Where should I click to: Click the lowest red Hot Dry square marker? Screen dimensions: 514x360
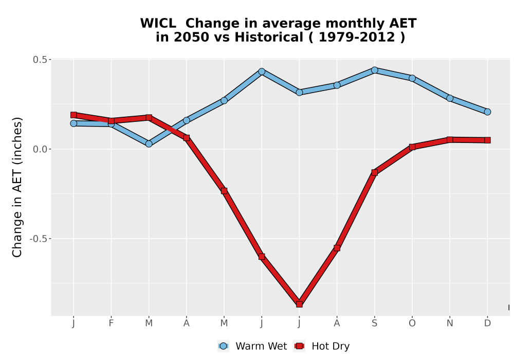point(299,304)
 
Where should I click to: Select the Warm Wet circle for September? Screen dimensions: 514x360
point(375,70)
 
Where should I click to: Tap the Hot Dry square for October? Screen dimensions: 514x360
point(412,147)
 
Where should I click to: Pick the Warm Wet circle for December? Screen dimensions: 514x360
point(487,112)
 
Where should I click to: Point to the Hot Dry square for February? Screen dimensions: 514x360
point(111,121)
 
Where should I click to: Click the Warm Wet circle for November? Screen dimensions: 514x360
point(450,98)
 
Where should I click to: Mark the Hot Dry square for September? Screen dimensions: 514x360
point(375,172)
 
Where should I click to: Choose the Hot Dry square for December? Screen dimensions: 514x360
point(487,140)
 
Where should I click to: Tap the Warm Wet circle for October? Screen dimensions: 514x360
point(412,78)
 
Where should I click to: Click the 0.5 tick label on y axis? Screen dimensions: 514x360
point(40,60)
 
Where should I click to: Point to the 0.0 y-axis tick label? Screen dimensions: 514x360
point(40,149)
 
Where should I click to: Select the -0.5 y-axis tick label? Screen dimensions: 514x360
point(39,239)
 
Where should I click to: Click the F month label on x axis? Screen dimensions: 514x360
point(111,323)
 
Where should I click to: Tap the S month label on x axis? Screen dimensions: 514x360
point(375,323)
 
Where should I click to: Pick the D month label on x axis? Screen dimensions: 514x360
point(487,323)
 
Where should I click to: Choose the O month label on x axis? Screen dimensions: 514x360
point(412,323)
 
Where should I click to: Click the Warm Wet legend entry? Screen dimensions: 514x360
point(252,346)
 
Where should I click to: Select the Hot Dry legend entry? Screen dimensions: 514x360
point(322,346)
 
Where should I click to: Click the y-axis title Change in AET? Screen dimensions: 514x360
point(17,187)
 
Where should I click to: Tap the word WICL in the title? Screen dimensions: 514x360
point(158,24)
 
